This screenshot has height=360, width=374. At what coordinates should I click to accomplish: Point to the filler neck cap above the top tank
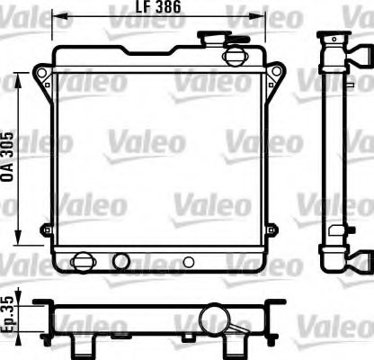tap(217, 40)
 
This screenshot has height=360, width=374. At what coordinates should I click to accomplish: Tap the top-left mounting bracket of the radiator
tap(42, 75)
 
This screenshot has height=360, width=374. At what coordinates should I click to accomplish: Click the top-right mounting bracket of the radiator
tap(276, 75)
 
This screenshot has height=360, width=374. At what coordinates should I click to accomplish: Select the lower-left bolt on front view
tap(46, 231)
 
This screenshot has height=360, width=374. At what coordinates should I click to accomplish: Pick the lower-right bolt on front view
tap(273, 231)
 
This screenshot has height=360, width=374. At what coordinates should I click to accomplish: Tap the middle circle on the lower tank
tap(120, 262)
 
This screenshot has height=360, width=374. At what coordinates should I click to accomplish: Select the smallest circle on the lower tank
tap(188, 263)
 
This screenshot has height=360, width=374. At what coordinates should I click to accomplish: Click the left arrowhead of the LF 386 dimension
tap(56, 14)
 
